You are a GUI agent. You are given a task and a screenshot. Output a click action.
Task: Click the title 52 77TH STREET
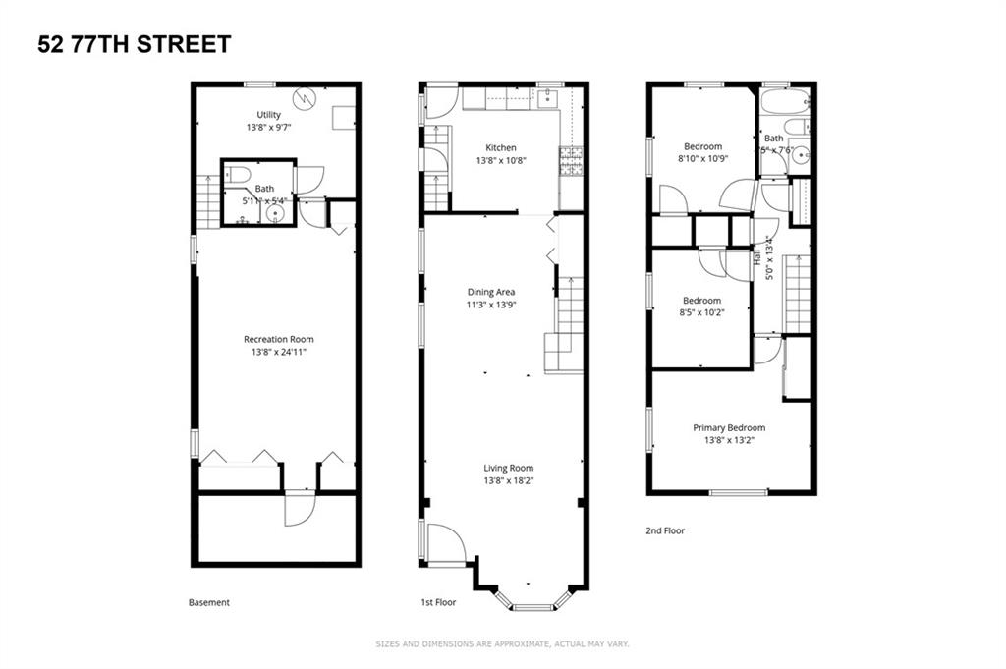click(135, 44)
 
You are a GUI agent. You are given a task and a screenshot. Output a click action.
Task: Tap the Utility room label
click(268, 115)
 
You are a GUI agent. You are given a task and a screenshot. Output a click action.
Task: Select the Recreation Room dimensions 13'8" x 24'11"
click(279, 352)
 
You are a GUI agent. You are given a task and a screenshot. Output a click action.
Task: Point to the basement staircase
click(206, 201)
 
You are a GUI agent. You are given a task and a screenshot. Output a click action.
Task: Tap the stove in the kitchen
click(571, 161)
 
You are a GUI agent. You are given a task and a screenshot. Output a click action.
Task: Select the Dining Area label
click(490, 292)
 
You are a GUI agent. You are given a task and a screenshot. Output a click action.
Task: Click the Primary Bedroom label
click(728, 427)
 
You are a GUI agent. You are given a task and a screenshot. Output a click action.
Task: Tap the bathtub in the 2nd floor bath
click(783, 100)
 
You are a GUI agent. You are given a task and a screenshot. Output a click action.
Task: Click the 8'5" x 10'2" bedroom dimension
click(701, 313)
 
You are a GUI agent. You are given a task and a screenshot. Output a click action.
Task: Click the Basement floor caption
click(208, 602)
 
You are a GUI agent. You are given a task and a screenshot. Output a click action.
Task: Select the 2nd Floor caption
click(664, 530)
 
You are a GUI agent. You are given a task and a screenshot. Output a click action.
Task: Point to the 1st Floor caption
click(439, 602)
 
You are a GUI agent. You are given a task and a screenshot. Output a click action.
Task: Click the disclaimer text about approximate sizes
click(502, 644)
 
